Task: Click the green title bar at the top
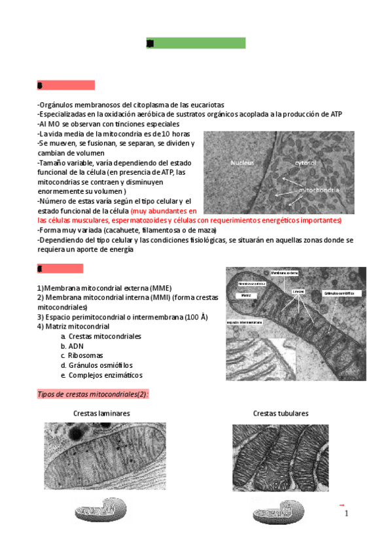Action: point(196,43)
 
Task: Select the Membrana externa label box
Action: point(284,272)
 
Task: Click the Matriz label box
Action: point(246,295)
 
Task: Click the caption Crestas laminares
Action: point(101,414)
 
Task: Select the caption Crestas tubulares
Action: point(281,414)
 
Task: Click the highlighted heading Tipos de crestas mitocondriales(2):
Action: point(92,394)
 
